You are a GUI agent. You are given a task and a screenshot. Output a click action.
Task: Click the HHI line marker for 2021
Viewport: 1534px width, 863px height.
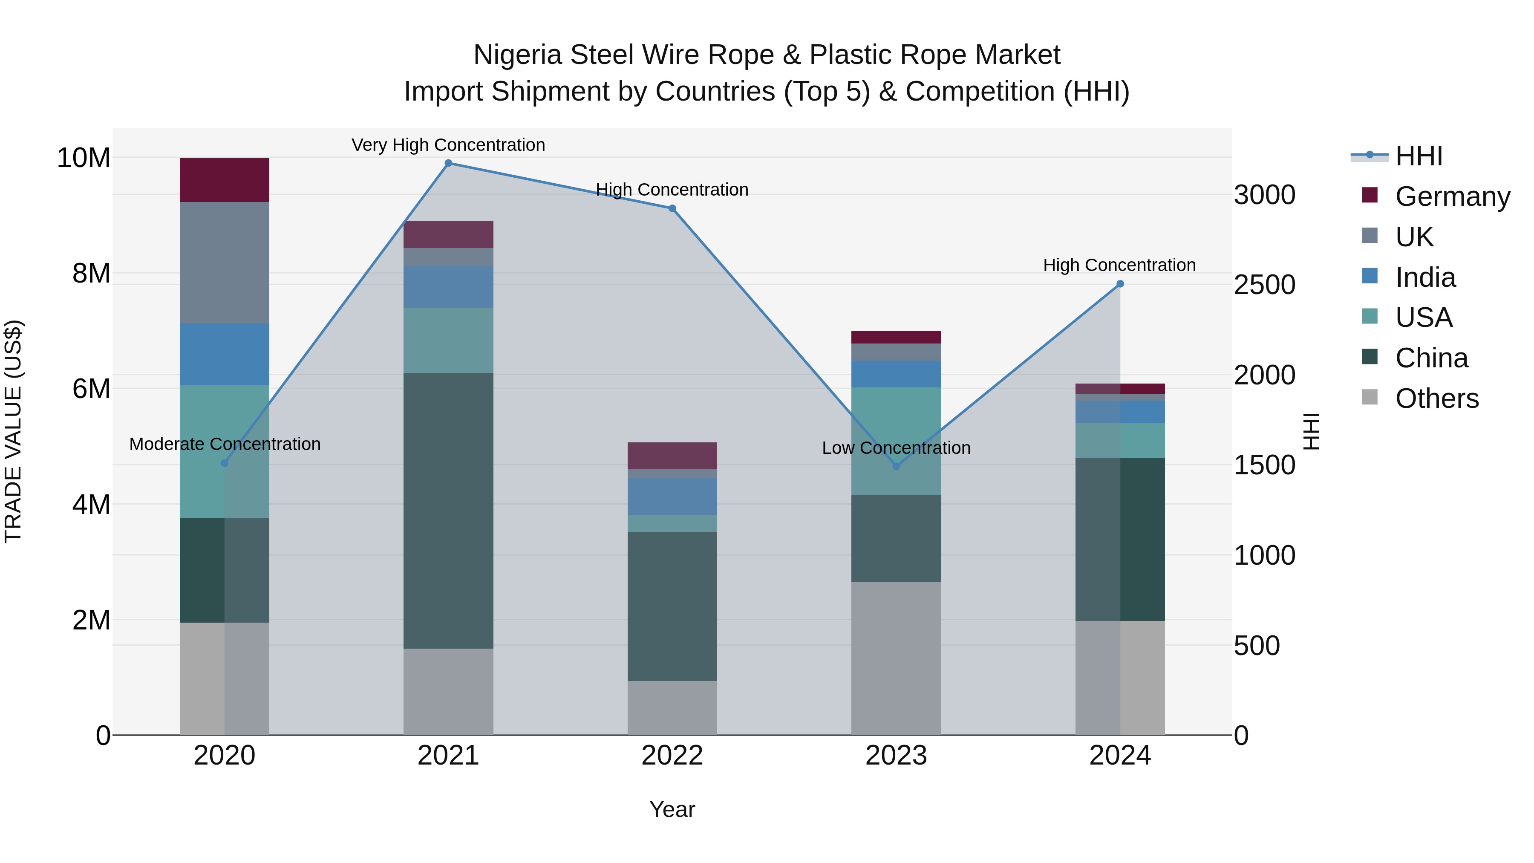448,163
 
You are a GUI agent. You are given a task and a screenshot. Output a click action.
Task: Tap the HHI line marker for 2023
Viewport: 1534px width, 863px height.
896,466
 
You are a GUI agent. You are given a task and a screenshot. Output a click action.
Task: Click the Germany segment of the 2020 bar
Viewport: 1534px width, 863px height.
225,180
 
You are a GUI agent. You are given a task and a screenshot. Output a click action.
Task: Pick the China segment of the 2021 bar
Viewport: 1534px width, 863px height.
448,511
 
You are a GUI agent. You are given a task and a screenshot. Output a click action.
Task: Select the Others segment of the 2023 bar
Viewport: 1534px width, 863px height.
896,658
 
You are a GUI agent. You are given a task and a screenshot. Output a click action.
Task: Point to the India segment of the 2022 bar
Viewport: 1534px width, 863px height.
672,496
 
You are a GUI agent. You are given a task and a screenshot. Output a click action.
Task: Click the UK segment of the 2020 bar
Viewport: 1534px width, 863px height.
225,263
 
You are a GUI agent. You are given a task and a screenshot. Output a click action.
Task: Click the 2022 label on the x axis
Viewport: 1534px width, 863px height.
672,756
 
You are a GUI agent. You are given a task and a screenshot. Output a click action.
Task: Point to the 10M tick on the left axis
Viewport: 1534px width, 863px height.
84,158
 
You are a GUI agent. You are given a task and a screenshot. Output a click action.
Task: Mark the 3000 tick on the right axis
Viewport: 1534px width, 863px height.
1264,195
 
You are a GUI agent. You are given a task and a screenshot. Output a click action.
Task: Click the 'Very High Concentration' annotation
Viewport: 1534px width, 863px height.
448,145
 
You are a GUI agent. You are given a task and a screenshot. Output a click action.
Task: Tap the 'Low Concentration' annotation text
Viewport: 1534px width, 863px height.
896,448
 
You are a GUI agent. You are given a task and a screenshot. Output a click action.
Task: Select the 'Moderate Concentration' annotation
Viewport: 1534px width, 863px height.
225,444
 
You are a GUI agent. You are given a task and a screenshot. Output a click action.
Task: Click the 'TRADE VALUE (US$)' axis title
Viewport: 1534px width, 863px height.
13,431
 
